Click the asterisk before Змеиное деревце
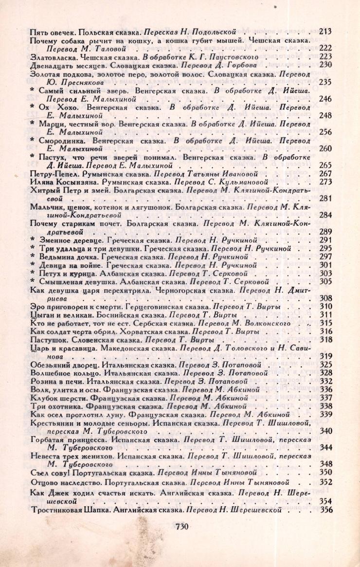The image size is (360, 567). (x=32, y=240)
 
